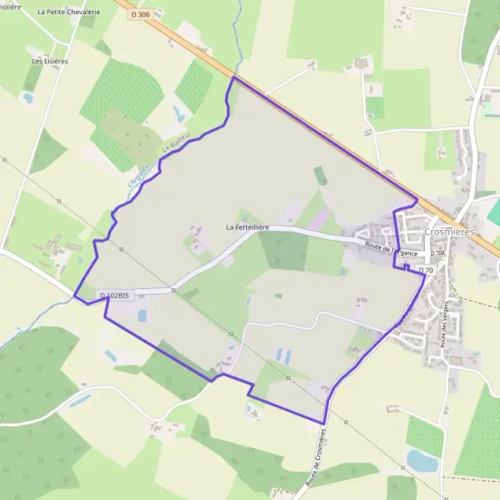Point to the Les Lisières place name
[x=50, y=61]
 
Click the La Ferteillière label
[x=247, y=227]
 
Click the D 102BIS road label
[x=114, y=295]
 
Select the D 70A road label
[x=437, y=252]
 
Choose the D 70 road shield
[x=425, y=270]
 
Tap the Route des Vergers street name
[x=446, y=325]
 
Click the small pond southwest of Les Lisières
[x=28, y=97]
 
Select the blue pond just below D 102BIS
[x=142, y=316]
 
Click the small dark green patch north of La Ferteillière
[x=321, y=176]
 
